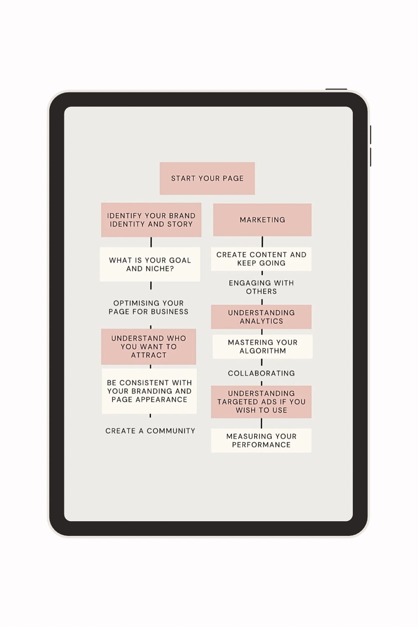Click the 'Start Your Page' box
click(207, 178)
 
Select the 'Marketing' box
click(263, 220)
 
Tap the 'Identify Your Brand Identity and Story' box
click(151, 220)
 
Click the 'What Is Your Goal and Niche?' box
click(150, 264)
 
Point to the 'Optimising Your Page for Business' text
click(148, 307)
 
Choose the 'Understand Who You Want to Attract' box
click(149, 347)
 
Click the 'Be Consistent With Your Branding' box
click(149, 391)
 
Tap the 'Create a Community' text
click(150, 431)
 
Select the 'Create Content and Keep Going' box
click(261, 259)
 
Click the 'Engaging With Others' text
click(262, 287)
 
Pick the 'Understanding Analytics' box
click(261, 317)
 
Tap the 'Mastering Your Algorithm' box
click(263, 347)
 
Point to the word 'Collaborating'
click(262, 373)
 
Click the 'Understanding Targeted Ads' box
click(261, 402)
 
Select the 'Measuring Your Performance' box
click(261, 440)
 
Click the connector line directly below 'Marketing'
click(263, 242)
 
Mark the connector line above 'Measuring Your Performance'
click(262, 423)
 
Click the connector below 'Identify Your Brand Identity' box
click(151, 242)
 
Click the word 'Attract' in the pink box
click(149, 355)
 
